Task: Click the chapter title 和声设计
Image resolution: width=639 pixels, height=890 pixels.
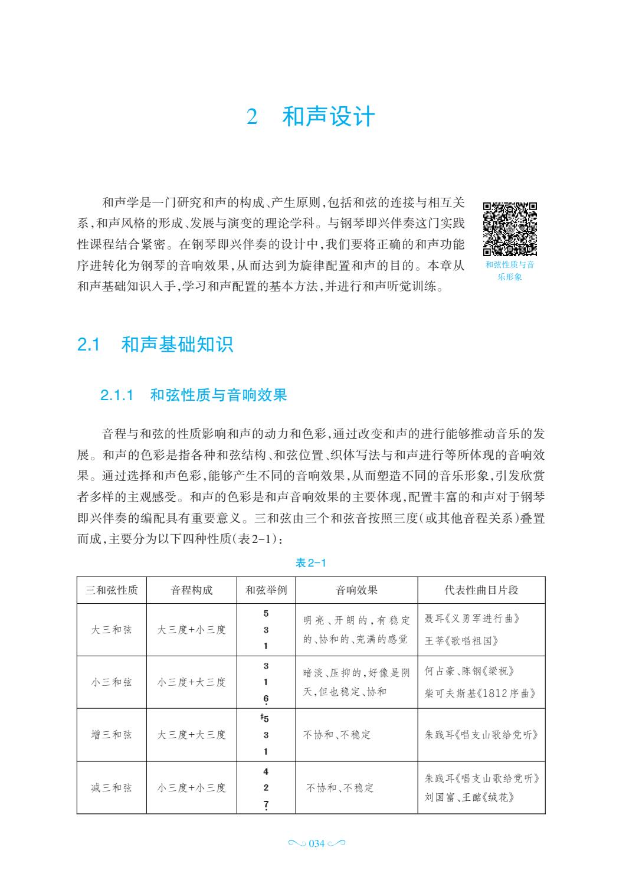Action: click(x=328, y=117)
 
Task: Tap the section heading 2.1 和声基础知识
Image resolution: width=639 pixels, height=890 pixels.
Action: click(x=156, y=345)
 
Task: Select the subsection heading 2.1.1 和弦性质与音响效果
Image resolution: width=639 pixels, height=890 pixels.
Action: click(x=194, y=395)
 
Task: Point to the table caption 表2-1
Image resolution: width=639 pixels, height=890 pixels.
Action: click(x=310, y=563)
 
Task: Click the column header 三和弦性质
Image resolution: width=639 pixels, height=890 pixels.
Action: click(x=112, y=590)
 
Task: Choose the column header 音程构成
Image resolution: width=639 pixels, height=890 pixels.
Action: click(x=192, y=590)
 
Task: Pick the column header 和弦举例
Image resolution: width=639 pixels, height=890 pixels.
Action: click(x=266, y=590)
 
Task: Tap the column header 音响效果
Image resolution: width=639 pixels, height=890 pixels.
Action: click(x=356, y=590)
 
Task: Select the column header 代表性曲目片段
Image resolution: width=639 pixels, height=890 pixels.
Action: click(x=481, y=590)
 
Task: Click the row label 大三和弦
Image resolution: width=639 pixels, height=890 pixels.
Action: click(x=112, y=630)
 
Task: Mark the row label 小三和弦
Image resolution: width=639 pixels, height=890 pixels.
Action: click(x=112, y=682)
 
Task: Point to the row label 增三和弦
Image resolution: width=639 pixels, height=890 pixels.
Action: click(x=112, y=735)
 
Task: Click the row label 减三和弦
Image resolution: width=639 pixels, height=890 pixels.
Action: click(x=112, y=788)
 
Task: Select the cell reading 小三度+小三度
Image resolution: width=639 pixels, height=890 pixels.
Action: click(x=192, y=788)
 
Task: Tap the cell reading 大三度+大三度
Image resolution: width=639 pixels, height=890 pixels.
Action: click(x=192, y=735)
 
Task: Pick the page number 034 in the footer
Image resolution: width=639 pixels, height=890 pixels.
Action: click(x=317, y=844)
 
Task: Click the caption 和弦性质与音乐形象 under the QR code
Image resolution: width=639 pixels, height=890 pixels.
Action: click(x=510, y=271)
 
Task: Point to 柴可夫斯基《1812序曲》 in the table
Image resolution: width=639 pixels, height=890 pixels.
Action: click(x=480, y=693)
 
